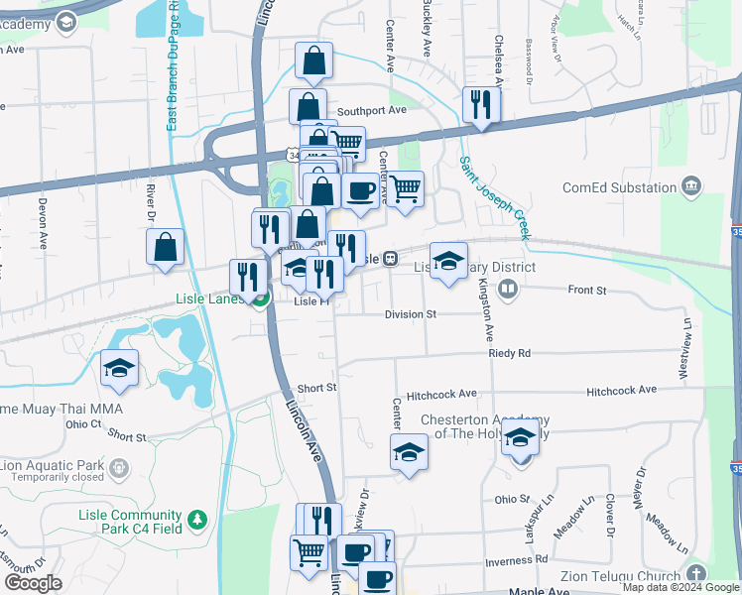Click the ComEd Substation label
[x=619, y=187]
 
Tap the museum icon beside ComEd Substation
[x=691, y=186]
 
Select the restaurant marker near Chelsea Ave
[x=481, y=104]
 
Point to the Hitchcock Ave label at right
[x=621, y=391]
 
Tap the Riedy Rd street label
[x=509, y=353]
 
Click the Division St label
[x=411, y=313]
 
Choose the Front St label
[x=586, y=291]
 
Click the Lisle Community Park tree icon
[x=197, y=518]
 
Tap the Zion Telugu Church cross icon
[x=696, y=575]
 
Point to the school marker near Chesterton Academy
[x=520, y=437]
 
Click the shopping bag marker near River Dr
[x=165, y=247]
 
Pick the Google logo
[x=33, y=582]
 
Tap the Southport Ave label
[x=372, y=111]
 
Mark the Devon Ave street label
[x=43, y=222]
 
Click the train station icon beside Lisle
[x=392, y=258]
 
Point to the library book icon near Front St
[x=508, y=289]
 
